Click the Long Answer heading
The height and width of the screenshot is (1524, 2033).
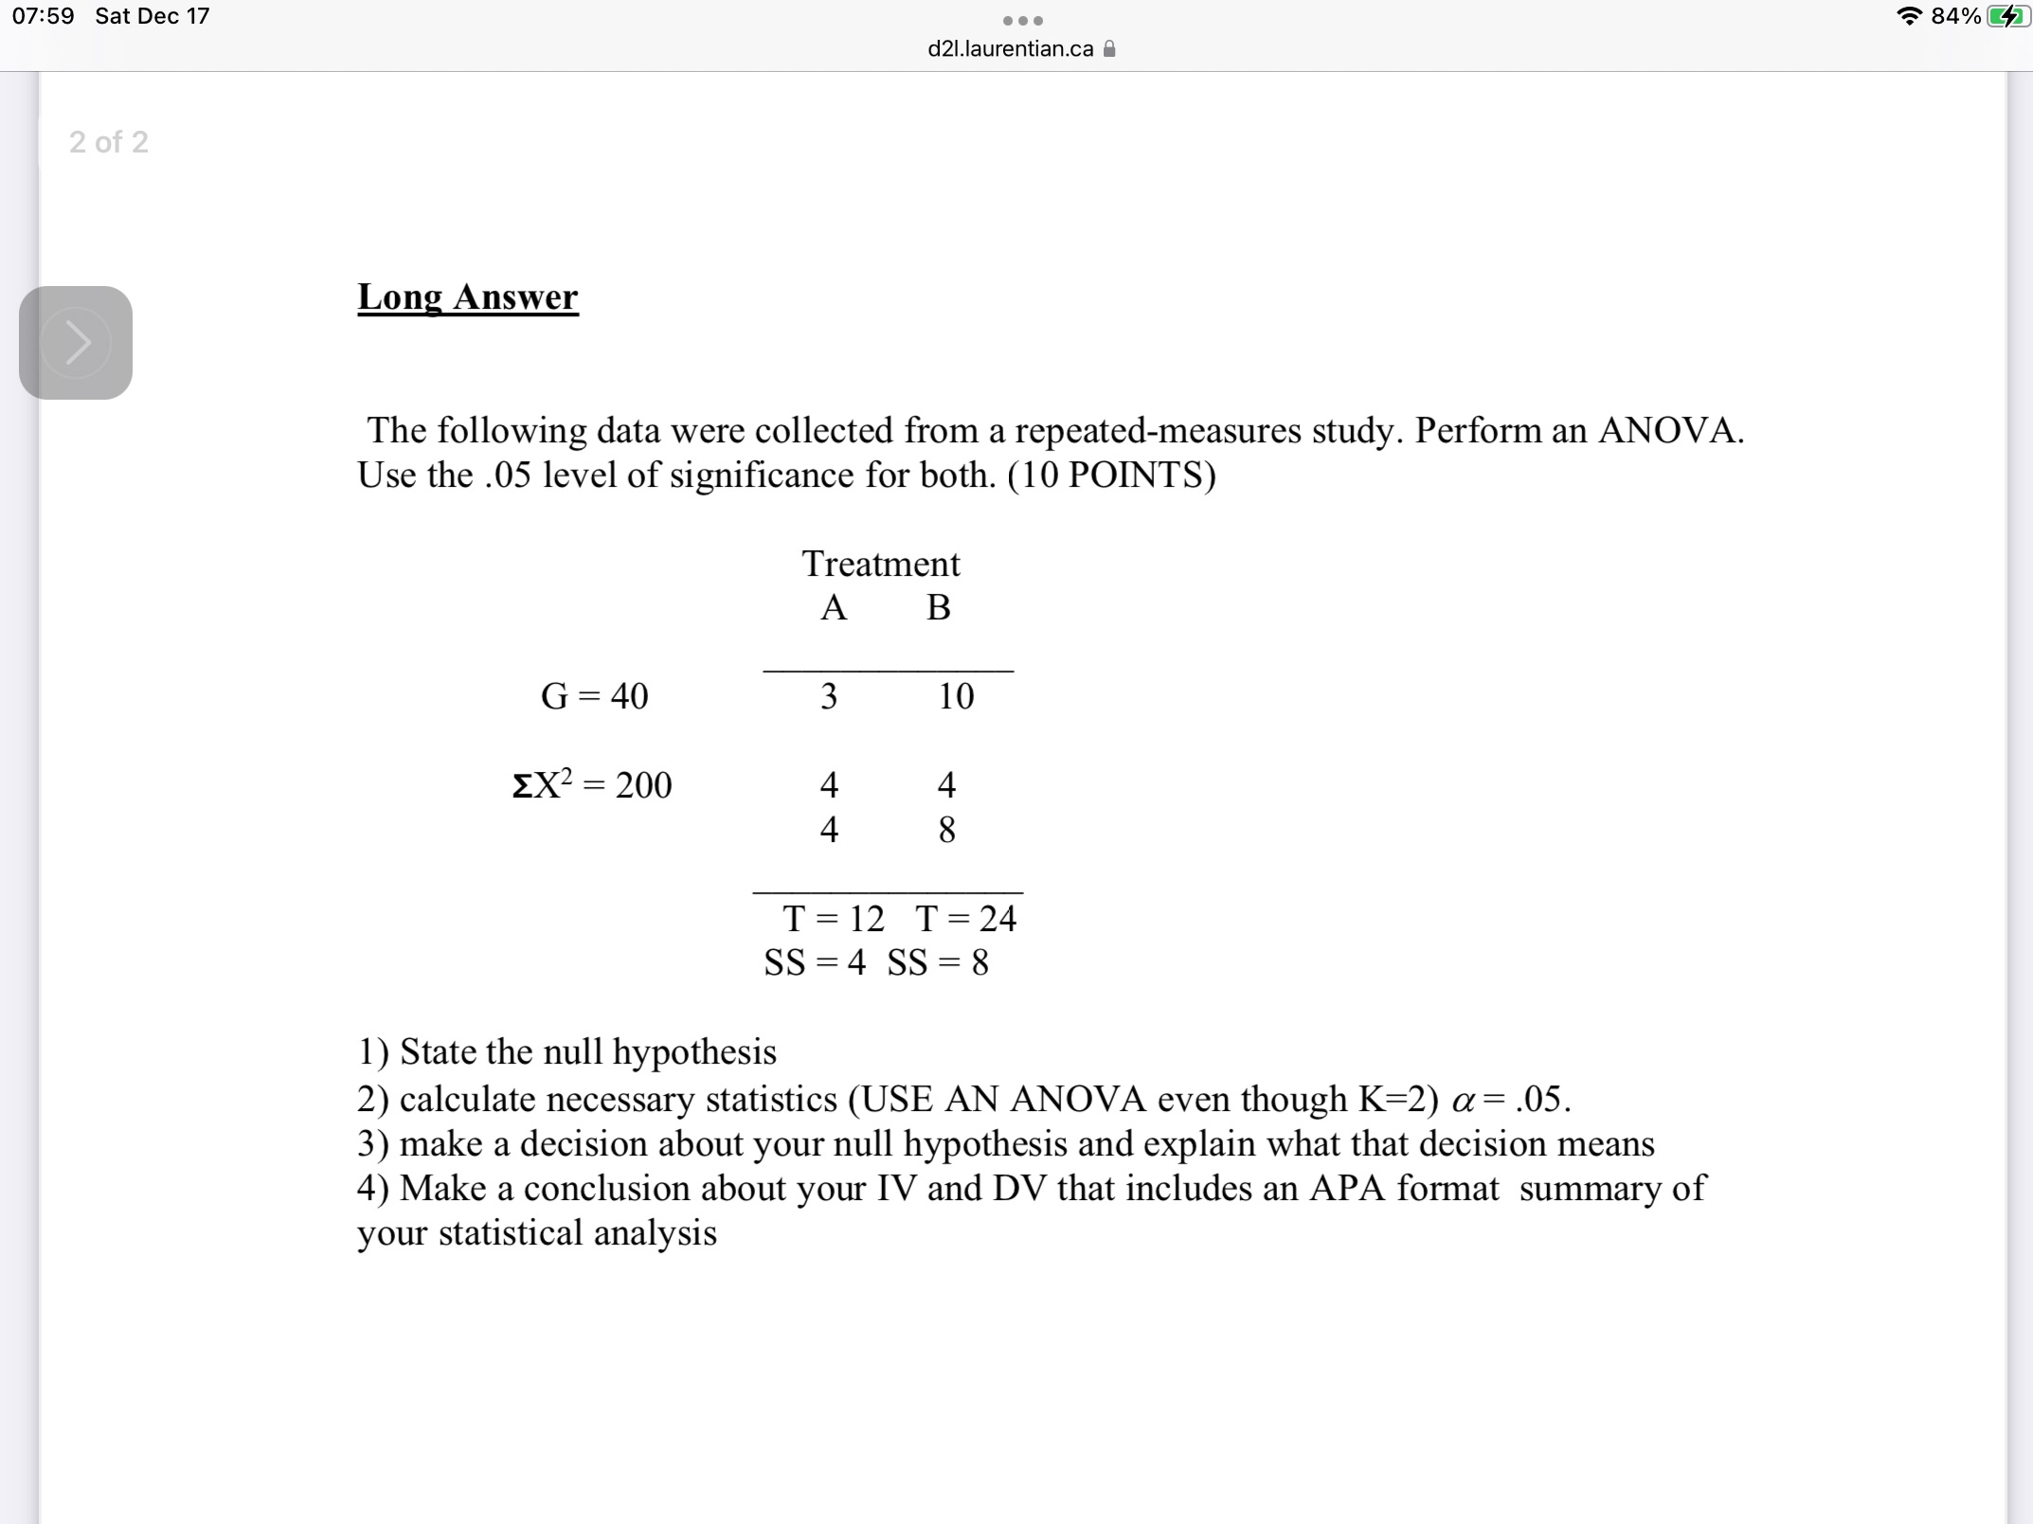pos(467,297)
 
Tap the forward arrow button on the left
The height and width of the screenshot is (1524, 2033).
pos(76,343)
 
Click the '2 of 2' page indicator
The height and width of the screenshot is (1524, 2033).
pos(108,142)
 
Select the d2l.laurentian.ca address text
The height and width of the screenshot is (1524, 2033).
pos(1010,49)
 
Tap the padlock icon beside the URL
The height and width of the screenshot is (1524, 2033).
pos(1109,49)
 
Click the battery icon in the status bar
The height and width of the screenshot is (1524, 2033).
pos(2006,16)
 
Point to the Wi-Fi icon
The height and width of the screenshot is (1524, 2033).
pos(1909,16)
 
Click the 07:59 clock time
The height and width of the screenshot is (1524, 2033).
pos(43,16)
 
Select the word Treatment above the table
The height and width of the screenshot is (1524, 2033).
pos(880,565)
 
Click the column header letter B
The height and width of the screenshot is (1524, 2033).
pos(938,608)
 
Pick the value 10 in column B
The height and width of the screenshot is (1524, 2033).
pos(955,697)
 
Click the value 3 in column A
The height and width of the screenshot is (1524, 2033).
pos(829,697)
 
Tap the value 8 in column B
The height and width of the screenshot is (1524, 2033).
pos(946,831)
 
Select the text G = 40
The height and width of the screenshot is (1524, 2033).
pos(594,697)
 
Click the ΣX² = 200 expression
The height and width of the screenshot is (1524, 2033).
pos(592,785)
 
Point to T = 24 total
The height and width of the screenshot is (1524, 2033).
pos(965,919)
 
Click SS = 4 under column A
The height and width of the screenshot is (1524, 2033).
pos(815,963)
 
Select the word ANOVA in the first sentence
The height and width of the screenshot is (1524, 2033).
pos(1669,431)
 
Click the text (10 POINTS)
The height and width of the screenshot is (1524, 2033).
pos(1111,475)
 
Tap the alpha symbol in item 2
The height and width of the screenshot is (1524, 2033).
pos(1464,1101)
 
